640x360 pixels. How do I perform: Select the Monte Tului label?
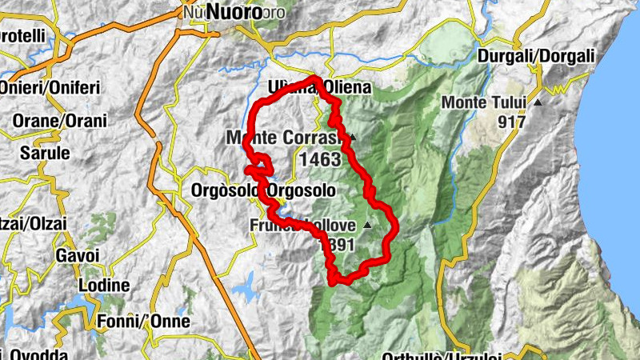pyautogui.click(x=484, y=103)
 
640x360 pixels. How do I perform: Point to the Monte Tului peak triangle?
pyautogui.click(x=538, y=103)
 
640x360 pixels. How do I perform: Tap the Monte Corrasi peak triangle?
pyautogui.click(x=351, y=137)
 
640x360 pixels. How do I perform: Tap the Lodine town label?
pyautogui.click(x=104, y=286)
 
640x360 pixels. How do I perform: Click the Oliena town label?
pyautogui.click(x=346, y=88)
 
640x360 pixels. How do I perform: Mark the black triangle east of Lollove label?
pyautogui.click(x=367, y=226)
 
